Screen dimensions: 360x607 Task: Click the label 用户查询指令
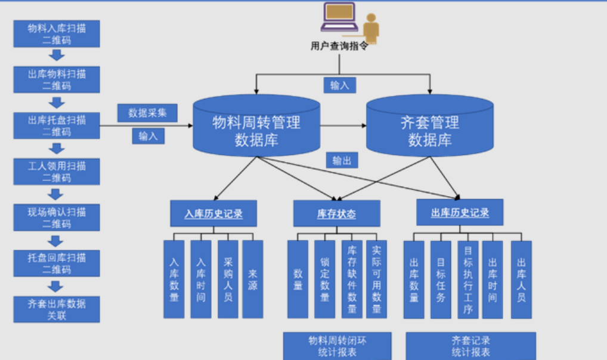tap(339, 46)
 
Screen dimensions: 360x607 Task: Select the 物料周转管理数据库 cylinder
tap(256, 129)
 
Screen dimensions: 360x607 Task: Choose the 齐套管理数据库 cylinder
tap(429, 129)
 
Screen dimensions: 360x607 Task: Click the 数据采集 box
tap(147, 113)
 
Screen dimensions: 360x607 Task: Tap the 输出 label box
tap(342, 160)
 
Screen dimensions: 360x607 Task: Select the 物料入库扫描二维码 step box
tap(57, 33)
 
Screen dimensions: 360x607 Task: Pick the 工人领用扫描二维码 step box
tap(57, 171)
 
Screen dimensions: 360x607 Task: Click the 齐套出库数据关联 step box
tap(57, 309)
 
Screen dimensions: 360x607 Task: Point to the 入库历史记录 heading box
tap(213, 213)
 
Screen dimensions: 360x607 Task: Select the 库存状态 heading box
tap(336, 213)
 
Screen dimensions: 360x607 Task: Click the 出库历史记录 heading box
tap(460, 212)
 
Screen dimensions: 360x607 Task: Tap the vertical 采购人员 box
tap(228, 279)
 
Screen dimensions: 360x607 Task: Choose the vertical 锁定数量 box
tap(324, 279)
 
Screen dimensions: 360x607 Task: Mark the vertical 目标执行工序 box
tap(467, 279)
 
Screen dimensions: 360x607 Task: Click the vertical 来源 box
tap(253, 279)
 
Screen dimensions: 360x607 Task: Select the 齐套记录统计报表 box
tap(470, 346)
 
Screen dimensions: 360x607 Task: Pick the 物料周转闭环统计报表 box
tap(337, 346)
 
